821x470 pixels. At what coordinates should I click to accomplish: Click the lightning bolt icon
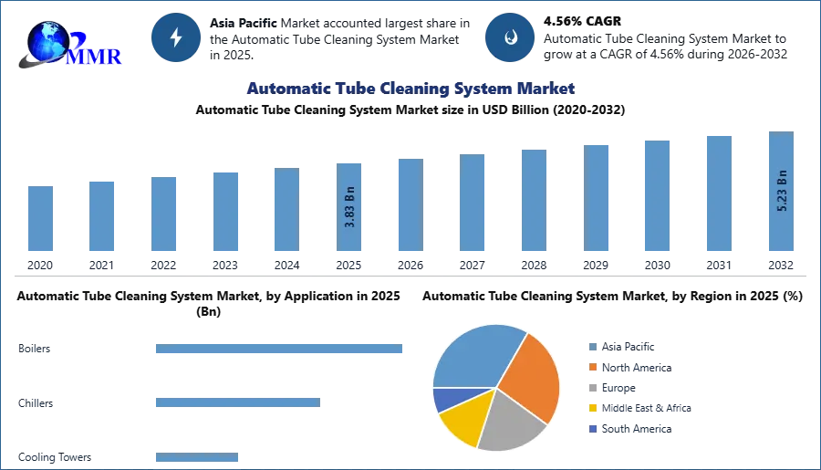click(177, 37)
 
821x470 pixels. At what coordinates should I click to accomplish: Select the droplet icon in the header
click(509, 37)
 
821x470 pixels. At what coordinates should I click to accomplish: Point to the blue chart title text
click(410, 89)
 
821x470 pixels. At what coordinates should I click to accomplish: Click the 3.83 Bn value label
click(350, 209)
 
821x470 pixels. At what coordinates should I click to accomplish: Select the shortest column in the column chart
click(40, 219)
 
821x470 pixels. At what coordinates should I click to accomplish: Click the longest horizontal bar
click(279, 350)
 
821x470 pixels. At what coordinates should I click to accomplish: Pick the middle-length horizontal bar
click(237, 402)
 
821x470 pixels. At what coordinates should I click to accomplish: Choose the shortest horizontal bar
click(196, 458)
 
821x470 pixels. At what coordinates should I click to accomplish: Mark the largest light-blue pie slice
click(474, 356)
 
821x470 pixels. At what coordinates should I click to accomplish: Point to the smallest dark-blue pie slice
click(445, 399)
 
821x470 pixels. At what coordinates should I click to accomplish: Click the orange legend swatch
click(591, 367)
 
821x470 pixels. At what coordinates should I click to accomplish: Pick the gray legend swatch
click(591, 388)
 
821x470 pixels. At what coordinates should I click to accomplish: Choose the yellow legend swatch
click(591, 408)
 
